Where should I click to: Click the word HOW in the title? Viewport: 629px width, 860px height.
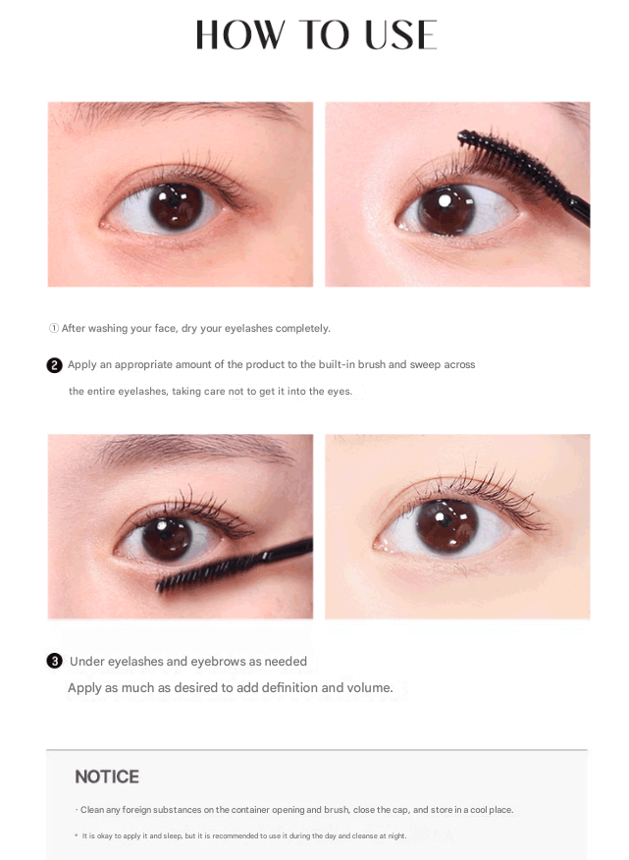pyautogui.click(x=240, y=35)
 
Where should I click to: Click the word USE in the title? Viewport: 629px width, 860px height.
pyautogui.click(x=400, y=35)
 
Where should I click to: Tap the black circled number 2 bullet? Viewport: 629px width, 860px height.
pyautogui.click(x=54, y=365)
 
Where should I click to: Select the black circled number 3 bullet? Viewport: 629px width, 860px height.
pyautogui.click(x=54, y=661)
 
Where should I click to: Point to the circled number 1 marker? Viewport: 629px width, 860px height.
pyautogui.click(x=54, y=328)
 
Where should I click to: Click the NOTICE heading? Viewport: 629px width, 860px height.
pyautogui.click(x=107, y=777)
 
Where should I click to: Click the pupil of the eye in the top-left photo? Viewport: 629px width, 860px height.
pyautogui.click(x=176, y=202)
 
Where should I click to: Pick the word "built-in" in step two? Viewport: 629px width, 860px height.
pyautogui.click(x=338, y=365)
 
